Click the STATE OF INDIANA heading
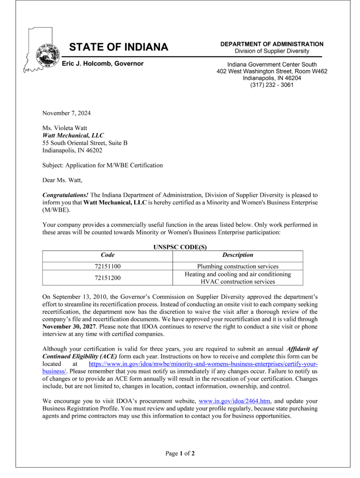(x=119, y=47)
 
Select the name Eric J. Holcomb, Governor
(x=103, y=64)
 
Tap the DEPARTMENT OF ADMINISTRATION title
(x=272, y=44)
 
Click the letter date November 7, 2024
(x=67, y=113)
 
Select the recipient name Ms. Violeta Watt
(x=65, y=128)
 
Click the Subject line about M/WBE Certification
(x=103, y=165)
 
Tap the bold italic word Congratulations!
(x=65, y=195)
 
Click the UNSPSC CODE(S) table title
(x=180, y=247)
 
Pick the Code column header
(x=108, y=255)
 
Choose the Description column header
(x=238, y=255)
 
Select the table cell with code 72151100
(x=108, y=266)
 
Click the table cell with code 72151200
(x=108, y=278)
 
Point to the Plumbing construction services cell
(x=238, y=266)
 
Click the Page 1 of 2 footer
(x=180, y=453)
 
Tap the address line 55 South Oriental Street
(x=85, y=143)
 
